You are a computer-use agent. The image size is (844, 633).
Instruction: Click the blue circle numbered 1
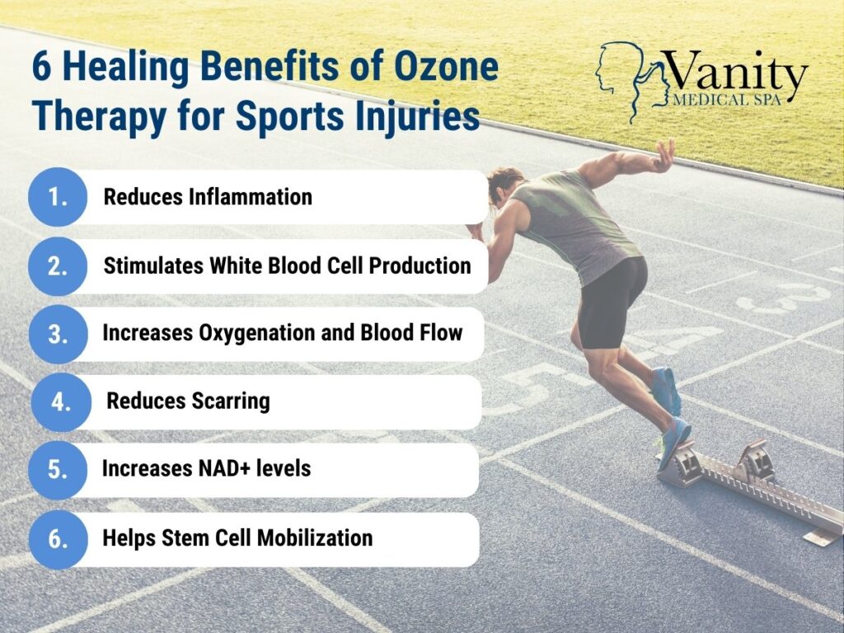58,197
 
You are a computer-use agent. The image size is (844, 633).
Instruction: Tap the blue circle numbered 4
61,402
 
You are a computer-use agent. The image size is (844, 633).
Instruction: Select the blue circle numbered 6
59,539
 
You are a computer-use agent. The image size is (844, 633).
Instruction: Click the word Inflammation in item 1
251,196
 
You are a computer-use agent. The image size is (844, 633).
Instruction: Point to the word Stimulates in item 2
153,265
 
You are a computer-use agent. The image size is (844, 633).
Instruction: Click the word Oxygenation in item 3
257,334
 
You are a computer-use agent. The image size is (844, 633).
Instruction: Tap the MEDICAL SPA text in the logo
727,100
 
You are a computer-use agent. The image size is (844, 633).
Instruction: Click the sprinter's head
505,185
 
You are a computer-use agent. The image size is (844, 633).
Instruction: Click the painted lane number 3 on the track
785,298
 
